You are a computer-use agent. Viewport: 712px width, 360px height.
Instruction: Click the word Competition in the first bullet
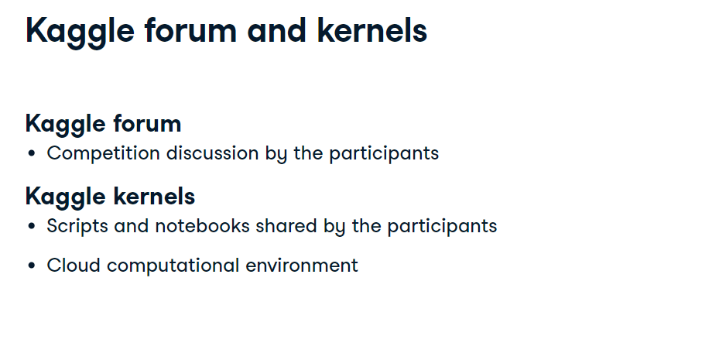[x=103, y=153]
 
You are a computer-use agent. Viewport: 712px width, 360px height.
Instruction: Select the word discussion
[x=213, y=153]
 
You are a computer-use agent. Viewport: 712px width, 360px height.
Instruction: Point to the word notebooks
[x=202, y=225]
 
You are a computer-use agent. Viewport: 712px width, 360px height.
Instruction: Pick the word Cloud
[x=74, y=265]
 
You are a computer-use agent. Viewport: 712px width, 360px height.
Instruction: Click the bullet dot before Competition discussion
[x=31, y=153]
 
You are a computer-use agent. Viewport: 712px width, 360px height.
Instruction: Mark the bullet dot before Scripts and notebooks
[x=31, y=226]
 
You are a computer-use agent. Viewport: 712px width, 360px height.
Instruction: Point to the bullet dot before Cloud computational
[x=31, y=266]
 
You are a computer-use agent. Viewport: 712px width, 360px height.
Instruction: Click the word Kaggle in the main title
[x=80, y=32]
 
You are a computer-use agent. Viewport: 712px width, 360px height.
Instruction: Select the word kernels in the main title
[x=372, y=30]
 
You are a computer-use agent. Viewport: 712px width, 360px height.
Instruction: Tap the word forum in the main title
[x=190, y=30]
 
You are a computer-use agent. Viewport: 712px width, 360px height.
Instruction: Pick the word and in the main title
[x=277, y=31]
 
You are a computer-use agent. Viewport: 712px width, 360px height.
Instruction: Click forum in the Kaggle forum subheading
[x=147, y=123]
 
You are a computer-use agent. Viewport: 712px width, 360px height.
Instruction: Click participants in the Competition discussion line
[x=384, y=153]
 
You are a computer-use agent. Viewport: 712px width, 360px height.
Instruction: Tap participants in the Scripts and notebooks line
[x=442, y=226]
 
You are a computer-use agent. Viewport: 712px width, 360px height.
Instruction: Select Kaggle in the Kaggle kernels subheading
[x=67, y=197]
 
